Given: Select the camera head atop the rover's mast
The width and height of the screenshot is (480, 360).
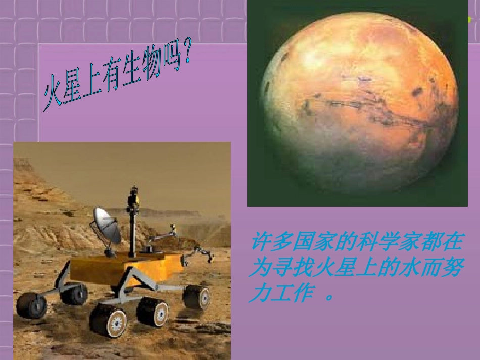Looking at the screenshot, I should click(x=134, y=194).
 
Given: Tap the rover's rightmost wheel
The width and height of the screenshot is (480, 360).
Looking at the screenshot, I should click(x=197, y=296).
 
